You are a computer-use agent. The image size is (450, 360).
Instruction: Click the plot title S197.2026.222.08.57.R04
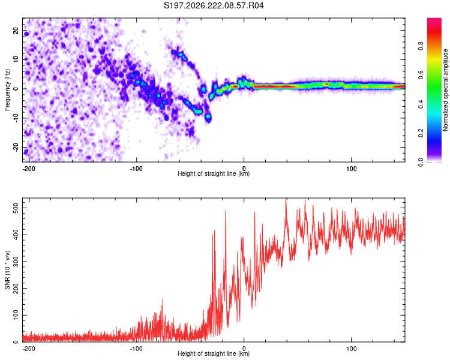pos(214,5)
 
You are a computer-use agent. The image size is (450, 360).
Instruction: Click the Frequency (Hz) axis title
pos(7,89)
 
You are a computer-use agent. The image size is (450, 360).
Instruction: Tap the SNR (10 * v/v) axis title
pos(7,270)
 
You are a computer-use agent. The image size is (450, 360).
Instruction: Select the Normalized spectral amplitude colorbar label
pos(445,90)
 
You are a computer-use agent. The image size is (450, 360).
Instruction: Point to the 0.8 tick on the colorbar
pos(421,46)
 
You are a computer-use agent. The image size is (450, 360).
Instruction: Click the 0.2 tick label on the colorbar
pos(421,133)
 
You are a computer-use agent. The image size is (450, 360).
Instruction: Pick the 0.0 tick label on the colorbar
pos(421,162)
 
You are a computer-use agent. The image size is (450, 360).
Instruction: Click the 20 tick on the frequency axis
pos(16,30)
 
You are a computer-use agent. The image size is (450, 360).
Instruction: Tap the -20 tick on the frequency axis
pos(16,148)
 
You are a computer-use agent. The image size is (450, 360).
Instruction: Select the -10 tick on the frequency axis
pos(16,118)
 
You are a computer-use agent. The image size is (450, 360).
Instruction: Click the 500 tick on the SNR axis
pos(16,208)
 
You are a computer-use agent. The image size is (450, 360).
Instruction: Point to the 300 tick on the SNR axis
pos(16,262)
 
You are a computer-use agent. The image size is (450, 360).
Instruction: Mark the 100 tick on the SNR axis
pos(16,315)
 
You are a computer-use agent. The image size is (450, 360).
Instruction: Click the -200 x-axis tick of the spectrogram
pos(29,169)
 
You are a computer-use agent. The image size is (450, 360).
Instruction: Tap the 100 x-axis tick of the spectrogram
pos(351,169)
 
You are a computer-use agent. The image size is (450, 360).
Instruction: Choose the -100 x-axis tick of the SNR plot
pos(136,349)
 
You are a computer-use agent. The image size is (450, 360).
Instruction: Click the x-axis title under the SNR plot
pos(214,353)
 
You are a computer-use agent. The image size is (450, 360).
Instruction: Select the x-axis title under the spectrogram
pos(214,173)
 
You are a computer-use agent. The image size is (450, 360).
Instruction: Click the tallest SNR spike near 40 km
pos(286,199)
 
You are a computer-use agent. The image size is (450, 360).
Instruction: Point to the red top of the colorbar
pos(434,20)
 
